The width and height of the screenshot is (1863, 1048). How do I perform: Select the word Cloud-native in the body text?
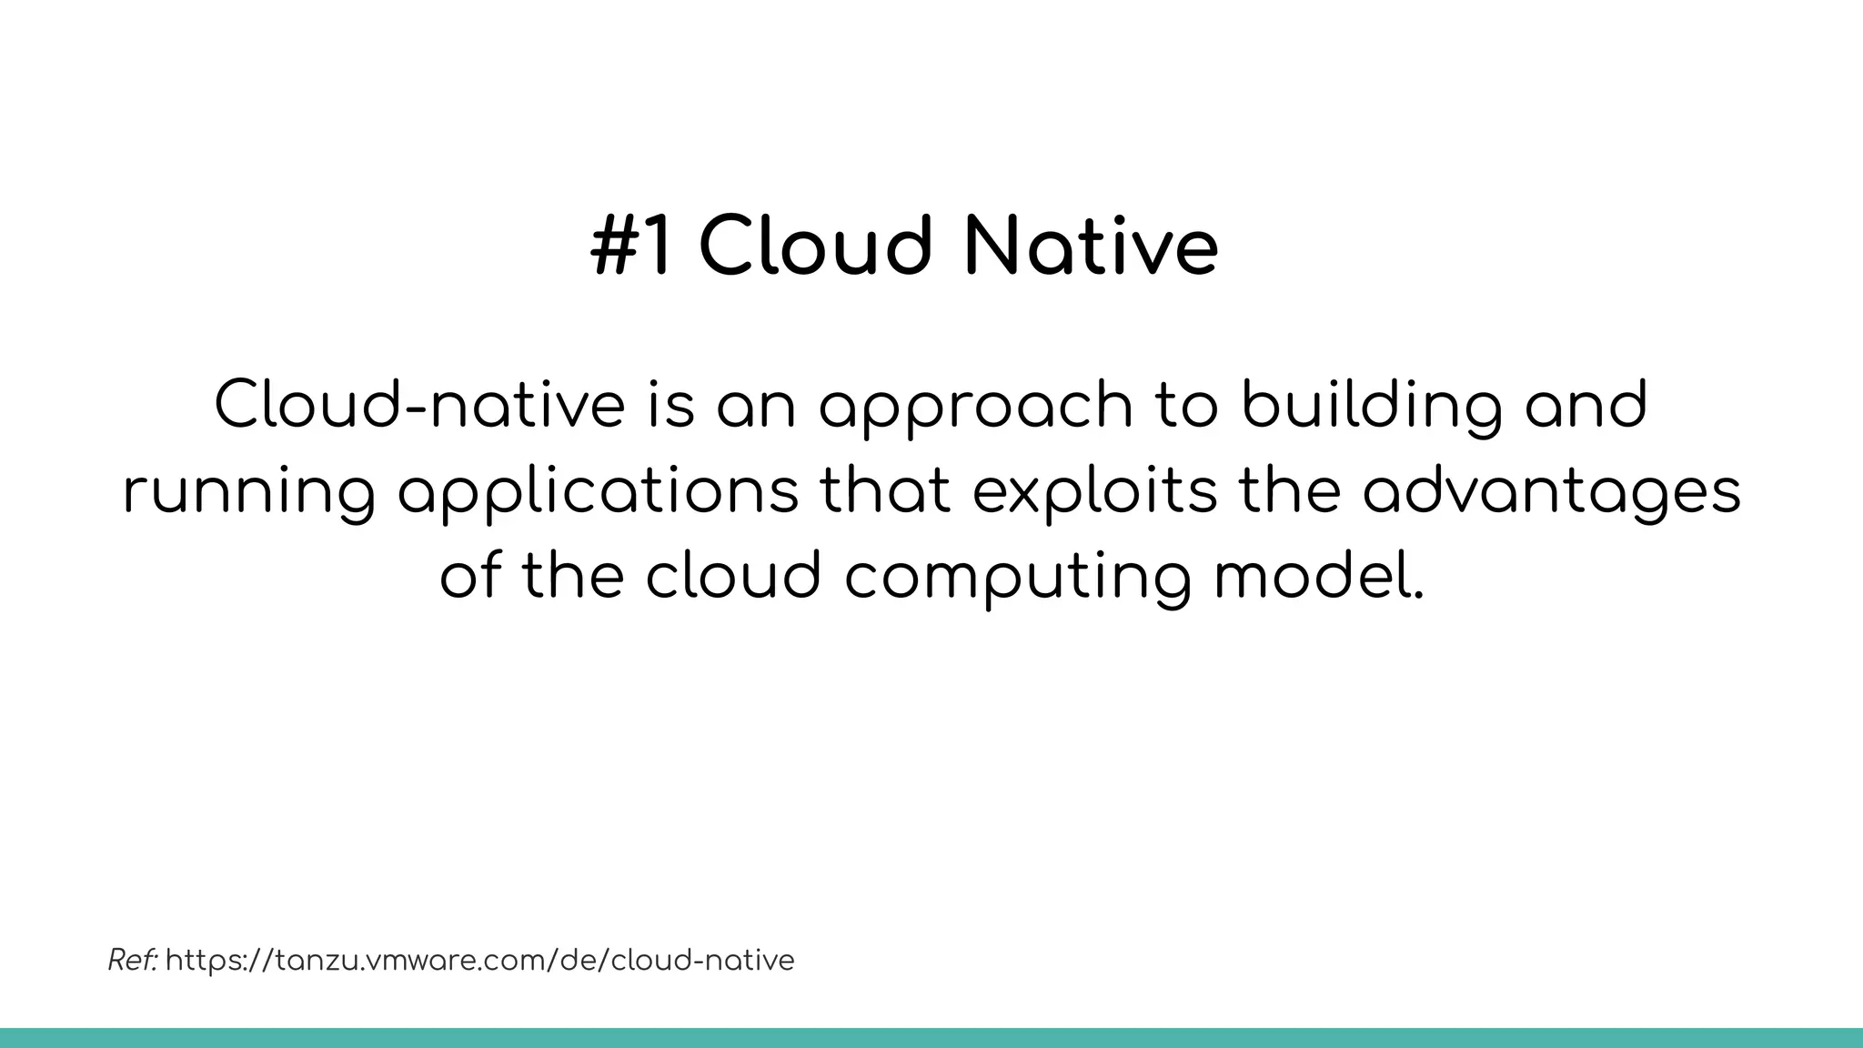419,406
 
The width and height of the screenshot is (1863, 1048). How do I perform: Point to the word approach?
974,406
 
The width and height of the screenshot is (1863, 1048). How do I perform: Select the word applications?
598,492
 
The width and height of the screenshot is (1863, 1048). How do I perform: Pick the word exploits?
1094,492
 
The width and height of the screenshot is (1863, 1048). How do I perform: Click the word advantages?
1551,492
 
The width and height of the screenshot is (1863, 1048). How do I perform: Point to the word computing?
1017,578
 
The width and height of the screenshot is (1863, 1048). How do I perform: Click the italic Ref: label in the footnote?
133,960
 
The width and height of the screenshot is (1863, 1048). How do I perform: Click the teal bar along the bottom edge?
931,1038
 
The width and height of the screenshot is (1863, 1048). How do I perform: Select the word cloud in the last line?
733,578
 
